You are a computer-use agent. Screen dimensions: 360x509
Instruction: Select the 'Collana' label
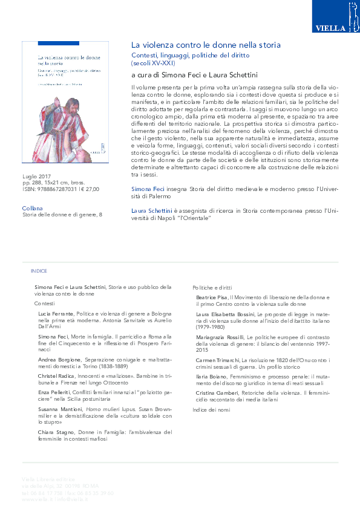32,207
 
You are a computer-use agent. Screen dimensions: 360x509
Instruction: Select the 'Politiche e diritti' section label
212,288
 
